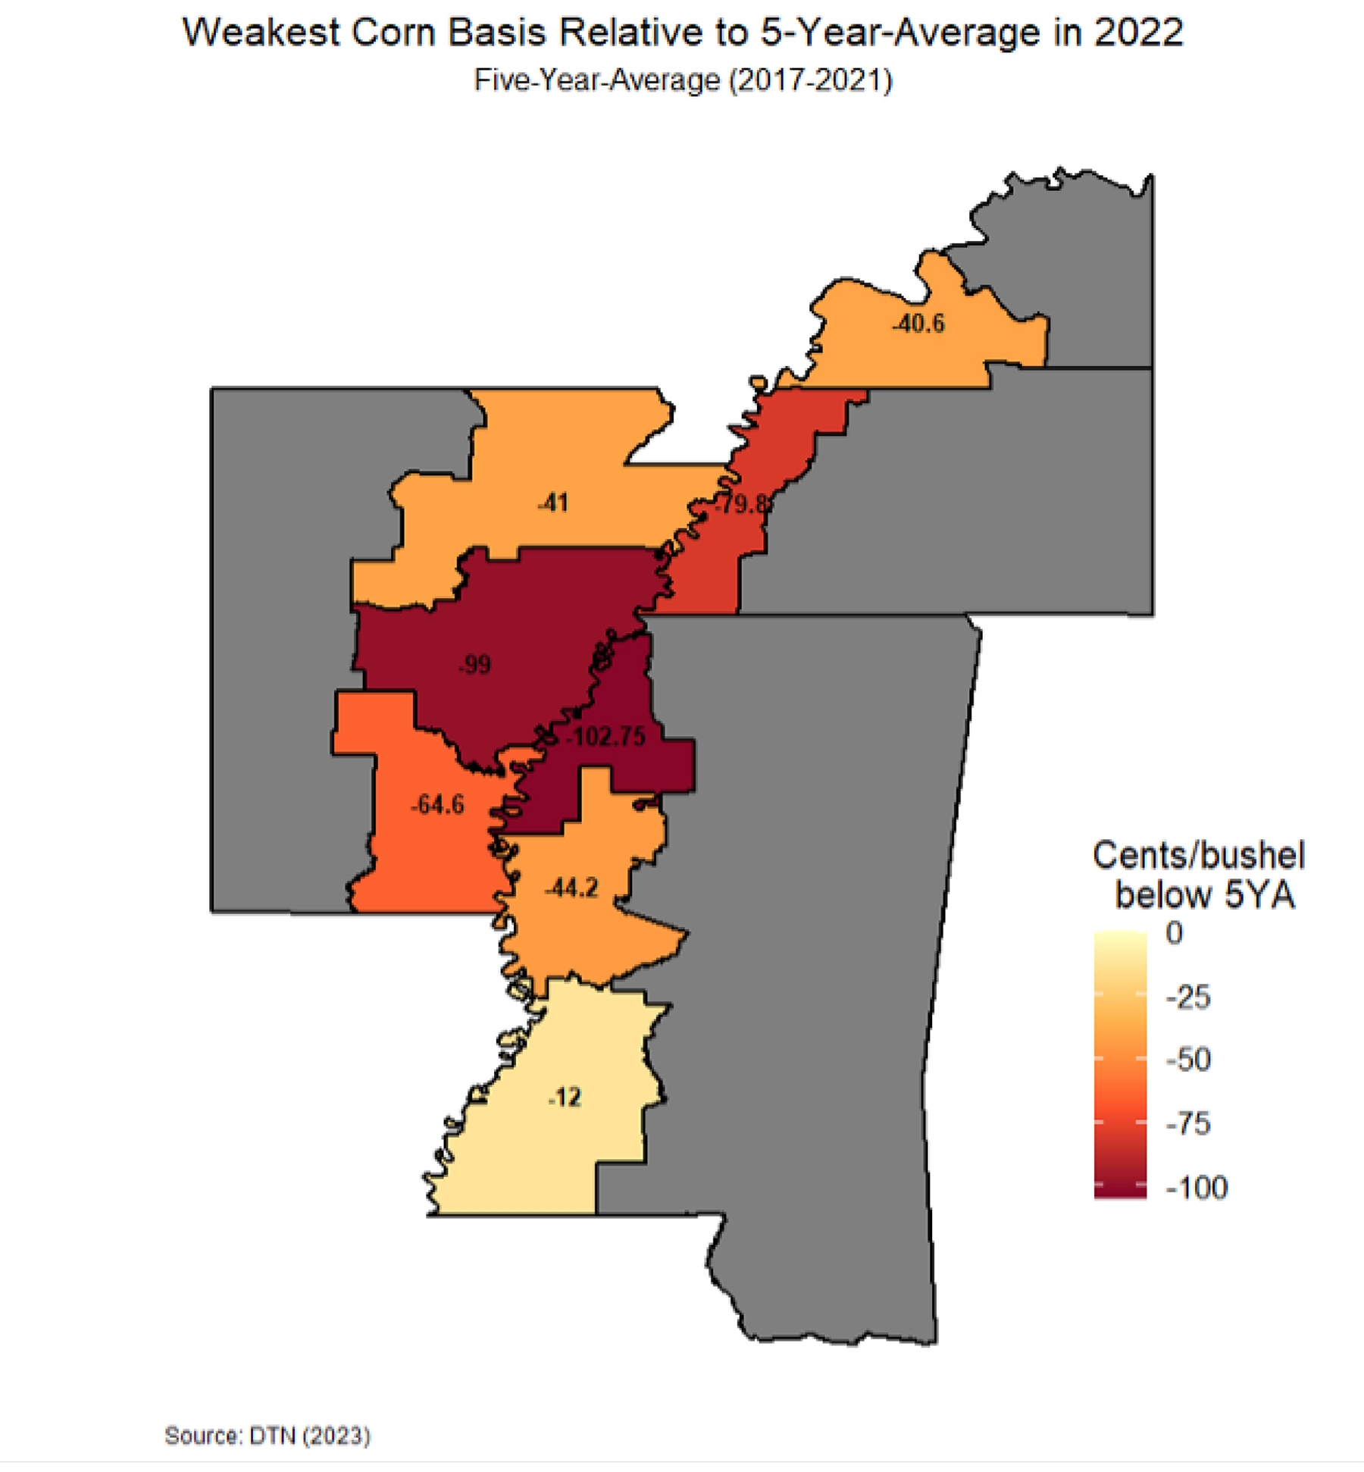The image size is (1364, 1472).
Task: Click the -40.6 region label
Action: click(x=918, y=324)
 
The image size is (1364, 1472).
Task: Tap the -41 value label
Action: click(x=552, y=503)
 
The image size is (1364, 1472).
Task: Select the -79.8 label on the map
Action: click(x=742, y=504)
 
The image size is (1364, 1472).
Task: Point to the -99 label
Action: click(x=474, y=665)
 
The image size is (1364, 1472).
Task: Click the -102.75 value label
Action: click(x=606, y=736)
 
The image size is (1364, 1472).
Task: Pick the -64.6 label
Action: click(x=437, y=804)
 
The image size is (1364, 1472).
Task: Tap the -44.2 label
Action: click(x=571, y=888)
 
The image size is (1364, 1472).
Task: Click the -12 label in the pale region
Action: click(x=565, y=1097)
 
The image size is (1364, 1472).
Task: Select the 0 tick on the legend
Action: click(x=1174, y=933)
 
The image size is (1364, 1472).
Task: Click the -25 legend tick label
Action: click(x=1187, y=997)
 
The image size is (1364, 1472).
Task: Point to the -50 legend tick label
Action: click(x=1187, y=1060)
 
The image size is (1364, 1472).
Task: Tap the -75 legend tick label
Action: click(x=1187, y=1123)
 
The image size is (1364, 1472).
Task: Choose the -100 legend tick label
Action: click(x=1196, y=1187)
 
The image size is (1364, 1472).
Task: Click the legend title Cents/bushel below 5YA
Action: click(x=1197, y=875)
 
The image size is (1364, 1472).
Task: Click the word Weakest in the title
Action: click(x=261, y=33)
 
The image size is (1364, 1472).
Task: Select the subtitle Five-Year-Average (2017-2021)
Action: click(x=682, y=80)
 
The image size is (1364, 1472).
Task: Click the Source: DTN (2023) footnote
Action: click(x=267, y=1435)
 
